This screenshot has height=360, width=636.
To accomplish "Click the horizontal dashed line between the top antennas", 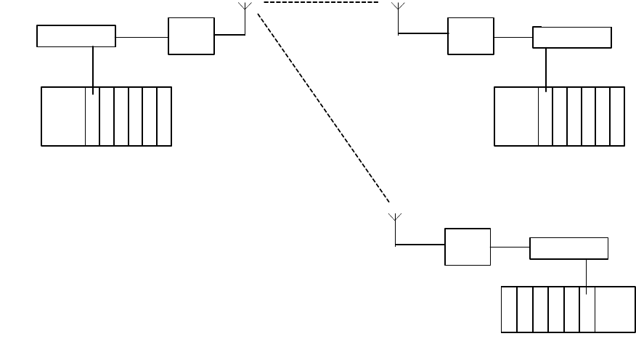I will pyautogui.click(x=321, y=3).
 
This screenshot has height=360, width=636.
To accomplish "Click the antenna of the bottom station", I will pyautogui.click(x=395, y=218).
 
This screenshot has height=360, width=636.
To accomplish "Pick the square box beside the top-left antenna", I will pyautogui.click(x=191, y=36).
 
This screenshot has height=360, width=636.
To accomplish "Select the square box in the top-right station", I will pyautogui.click(x=470, y=36).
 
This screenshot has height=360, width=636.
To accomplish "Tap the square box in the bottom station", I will pyautogui.click(x=468, y=247).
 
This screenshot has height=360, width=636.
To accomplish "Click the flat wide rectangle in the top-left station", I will pyautogui.click(x=76, y=36).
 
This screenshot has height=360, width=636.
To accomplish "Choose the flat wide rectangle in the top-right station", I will pyautogui.click(x=572, y=38).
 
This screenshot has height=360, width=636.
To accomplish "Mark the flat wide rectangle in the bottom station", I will pyautogui.click(x=569, y=248).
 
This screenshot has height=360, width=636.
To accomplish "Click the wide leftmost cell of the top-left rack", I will pyautogui.click(x=63, y=116).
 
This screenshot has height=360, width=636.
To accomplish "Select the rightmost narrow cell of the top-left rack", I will pyautogui.click(x=164, y=116).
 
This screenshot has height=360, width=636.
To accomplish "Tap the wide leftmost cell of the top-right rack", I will pyautogui.click(x=516, y=116).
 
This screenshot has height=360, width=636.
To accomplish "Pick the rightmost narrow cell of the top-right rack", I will pyautogui.click(x=617, y=116).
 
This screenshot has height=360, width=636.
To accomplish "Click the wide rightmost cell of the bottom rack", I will pyautogui.click(x=616, y=310).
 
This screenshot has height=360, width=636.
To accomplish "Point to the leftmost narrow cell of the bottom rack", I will pyautogui.click(x=509, y=310).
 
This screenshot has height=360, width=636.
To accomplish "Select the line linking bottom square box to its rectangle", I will pyautogui.click(x=510, y=247).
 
